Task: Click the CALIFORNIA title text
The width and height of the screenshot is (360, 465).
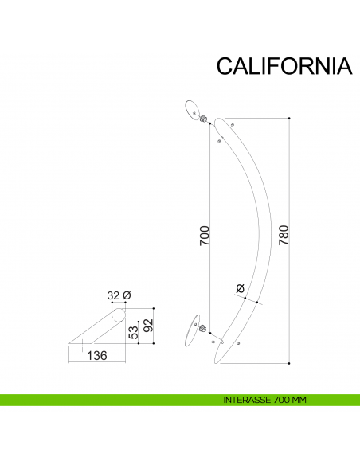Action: tap(284, 65)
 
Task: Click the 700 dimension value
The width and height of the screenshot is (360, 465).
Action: tap(204, 236)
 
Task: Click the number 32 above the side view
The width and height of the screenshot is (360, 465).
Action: tap(113, 296)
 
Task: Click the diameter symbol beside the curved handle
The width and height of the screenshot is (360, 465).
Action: tap(241, 288)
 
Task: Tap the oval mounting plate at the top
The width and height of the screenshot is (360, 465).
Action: tap(194, 109)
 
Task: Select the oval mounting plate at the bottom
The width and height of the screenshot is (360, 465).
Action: tap(190, 333)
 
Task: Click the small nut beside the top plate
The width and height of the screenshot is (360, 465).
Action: tap(205, 120)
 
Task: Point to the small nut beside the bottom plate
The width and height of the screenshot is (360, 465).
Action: tap(202, 327)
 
